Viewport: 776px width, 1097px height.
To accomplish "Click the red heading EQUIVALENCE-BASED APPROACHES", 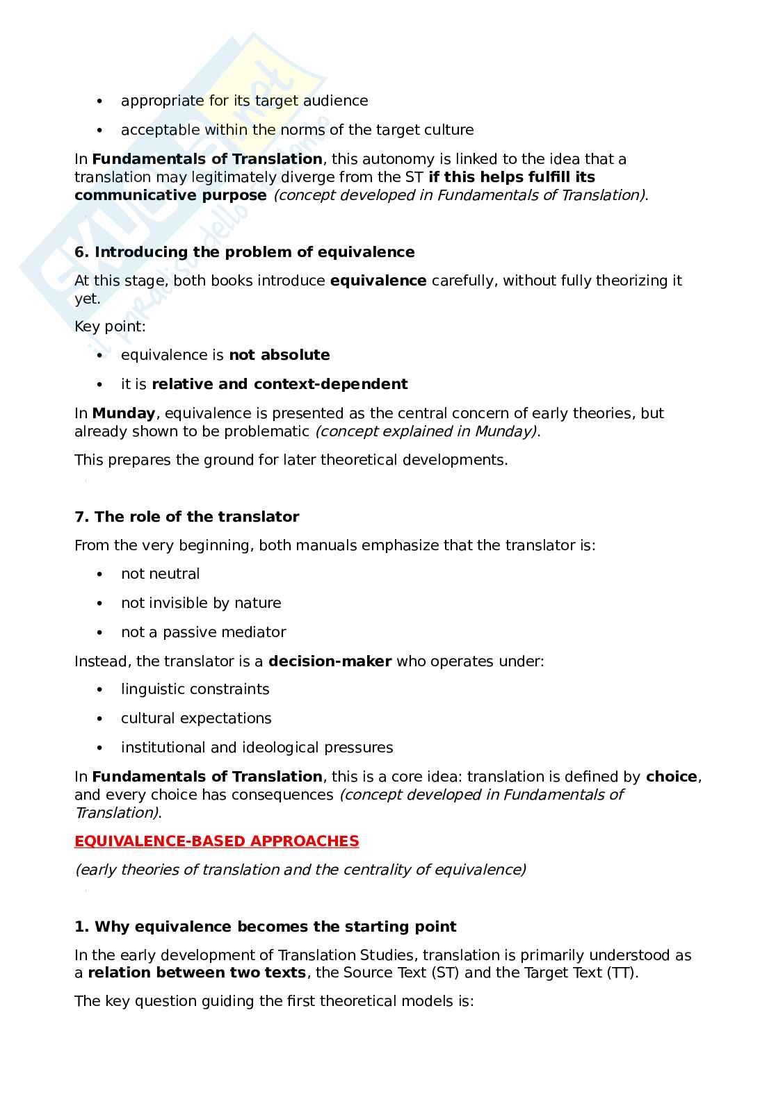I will [x=216, y=841].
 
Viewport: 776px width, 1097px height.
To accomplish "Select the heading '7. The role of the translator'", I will [x=186, y=517].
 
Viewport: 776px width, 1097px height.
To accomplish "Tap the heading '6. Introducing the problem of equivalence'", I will [x=244, y=252].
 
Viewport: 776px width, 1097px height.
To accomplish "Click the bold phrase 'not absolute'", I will [x=280, y=355].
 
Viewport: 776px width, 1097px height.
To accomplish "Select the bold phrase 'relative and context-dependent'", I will [x=280, y=384].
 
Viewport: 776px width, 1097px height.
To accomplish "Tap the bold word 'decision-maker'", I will [x=330, y=661].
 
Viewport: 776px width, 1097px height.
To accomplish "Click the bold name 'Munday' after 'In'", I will [x=124, y=413].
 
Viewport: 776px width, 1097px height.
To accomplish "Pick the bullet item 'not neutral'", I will [x=160, y=574].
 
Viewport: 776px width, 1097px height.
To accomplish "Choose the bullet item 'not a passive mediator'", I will [x=203, y=632].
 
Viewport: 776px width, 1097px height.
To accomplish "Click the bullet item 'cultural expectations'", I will [x=196, y=718].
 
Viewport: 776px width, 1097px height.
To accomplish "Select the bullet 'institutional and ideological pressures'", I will [x=257, y=748].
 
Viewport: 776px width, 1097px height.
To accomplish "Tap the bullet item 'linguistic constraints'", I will [x=195, y=689].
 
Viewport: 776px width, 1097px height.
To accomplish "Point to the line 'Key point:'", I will [x=111, y=327].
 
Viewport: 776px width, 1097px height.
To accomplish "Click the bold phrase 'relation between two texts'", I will [x=197, y=973].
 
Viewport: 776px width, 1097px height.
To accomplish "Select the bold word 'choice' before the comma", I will [x=671, y=777].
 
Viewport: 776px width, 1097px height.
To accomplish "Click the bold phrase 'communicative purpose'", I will [x=170, y=195].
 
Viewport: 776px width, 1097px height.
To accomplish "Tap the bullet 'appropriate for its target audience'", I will [x=244, y=101].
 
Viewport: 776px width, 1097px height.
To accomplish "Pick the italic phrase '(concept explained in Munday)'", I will [x=426, y=431].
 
